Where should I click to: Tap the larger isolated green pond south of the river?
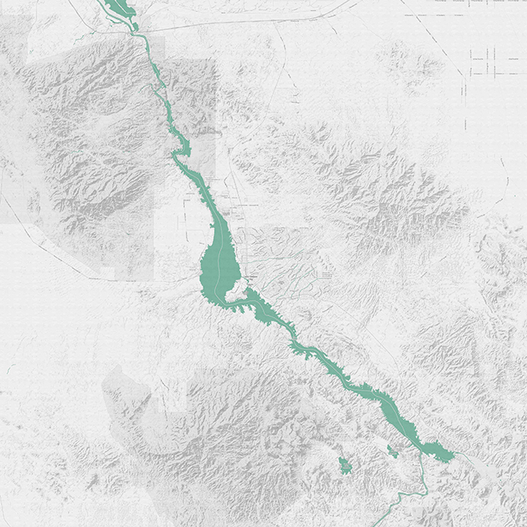345,466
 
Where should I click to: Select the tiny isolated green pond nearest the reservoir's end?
392,451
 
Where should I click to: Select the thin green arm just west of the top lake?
102,6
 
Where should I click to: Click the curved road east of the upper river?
276,89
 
